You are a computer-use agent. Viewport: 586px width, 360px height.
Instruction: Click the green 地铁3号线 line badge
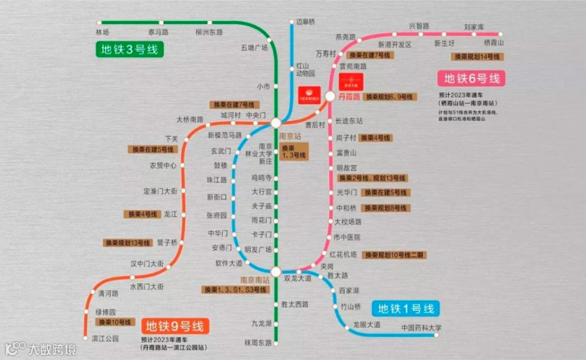129,50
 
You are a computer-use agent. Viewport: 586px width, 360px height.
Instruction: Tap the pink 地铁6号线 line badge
472,78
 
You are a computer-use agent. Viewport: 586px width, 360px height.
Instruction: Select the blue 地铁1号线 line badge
406,309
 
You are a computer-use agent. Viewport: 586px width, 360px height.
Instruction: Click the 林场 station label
102,32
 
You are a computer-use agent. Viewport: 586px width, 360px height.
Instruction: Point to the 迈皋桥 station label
305,22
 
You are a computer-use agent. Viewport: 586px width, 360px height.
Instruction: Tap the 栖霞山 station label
494,42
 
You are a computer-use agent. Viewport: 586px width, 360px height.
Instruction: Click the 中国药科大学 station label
422,328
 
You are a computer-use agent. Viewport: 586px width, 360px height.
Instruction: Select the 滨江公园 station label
105,338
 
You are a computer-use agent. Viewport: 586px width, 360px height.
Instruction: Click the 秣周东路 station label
258,342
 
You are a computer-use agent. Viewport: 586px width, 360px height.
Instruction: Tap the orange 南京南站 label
255,280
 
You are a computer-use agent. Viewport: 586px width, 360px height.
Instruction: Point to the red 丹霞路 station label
349,97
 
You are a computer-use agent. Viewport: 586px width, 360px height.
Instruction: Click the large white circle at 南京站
276,123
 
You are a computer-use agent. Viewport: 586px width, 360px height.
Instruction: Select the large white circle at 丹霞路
330,96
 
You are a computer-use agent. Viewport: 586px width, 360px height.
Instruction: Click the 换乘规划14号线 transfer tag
477,56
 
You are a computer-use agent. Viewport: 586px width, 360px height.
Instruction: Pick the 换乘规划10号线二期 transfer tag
395,255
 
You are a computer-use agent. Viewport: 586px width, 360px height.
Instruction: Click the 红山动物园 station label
305,70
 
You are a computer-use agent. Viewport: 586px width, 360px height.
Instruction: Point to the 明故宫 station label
347,168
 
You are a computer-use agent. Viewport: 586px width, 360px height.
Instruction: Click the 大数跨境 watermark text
53,348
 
